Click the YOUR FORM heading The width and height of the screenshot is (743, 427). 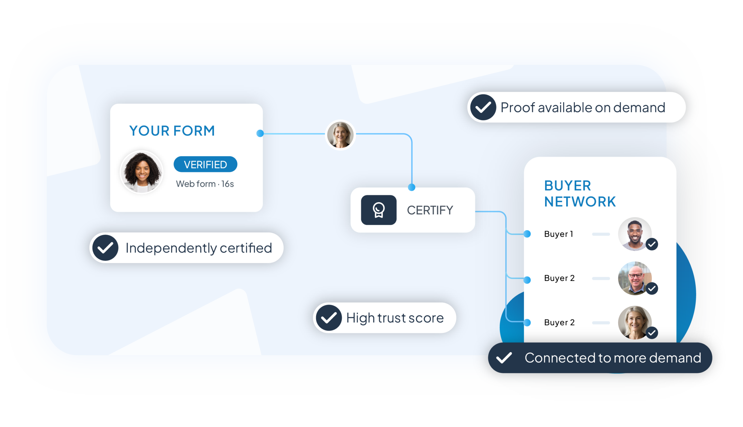[172, 131]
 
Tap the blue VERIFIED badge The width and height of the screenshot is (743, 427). [205, 164]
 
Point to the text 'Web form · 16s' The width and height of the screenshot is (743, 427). [205, 184]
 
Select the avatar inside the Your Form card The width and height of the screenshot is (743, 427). [142, 172]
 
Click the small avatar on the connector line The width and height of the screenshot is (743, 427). [340, 134]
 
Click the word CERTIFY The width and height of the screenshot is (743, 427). [430, 210]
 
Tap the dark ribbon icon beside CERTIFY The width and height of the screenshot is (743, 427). [378, 210]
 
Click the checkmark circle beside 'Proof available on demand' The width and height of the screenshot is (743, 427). [483, 107]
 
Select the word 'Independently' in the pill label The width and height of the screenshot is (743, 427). [171, 248]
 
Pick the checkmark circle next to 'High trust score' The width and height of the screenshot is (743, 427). [329, 318]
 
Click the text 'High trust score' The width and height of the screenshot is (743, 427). [395, 318]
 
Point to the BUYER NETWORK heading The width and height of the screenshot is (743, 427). [580, 193]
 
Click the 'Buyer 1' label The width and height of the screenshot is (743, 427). [558, 234]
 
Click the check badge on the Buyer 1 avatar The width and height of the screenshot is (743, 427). [652, 244]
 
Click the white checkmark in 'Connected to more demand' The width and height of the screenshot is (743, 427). [504, 358]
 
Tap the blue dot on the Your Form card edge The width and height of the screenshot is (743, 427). [260, 133]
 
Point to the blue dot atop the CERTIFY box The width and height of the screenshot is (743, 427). [412, 187]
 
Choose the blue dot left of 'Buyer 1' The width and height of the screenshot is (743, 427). [527, 234]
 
